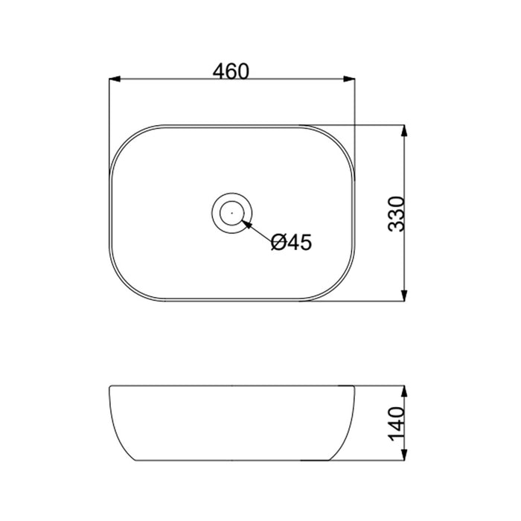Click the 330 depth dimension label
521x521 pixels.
pos(396,213)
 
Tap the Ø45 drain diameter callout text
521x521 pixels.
pos(291,242)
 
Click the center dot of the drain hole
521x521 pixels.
pos(232,212)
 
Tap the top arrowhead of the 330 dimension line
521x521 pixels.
pos(404,130)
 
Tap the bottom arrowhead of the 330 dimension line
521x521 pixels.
pos(404,295)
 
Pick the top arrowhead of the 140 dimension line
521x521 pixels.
pos(404,391)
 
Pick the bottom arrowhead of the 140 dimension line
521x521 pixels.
pos(404,455)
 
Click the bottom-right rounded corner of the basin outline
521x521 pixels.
pos(340,287)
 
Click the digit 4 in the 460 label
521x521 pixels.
pos(218,71)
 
